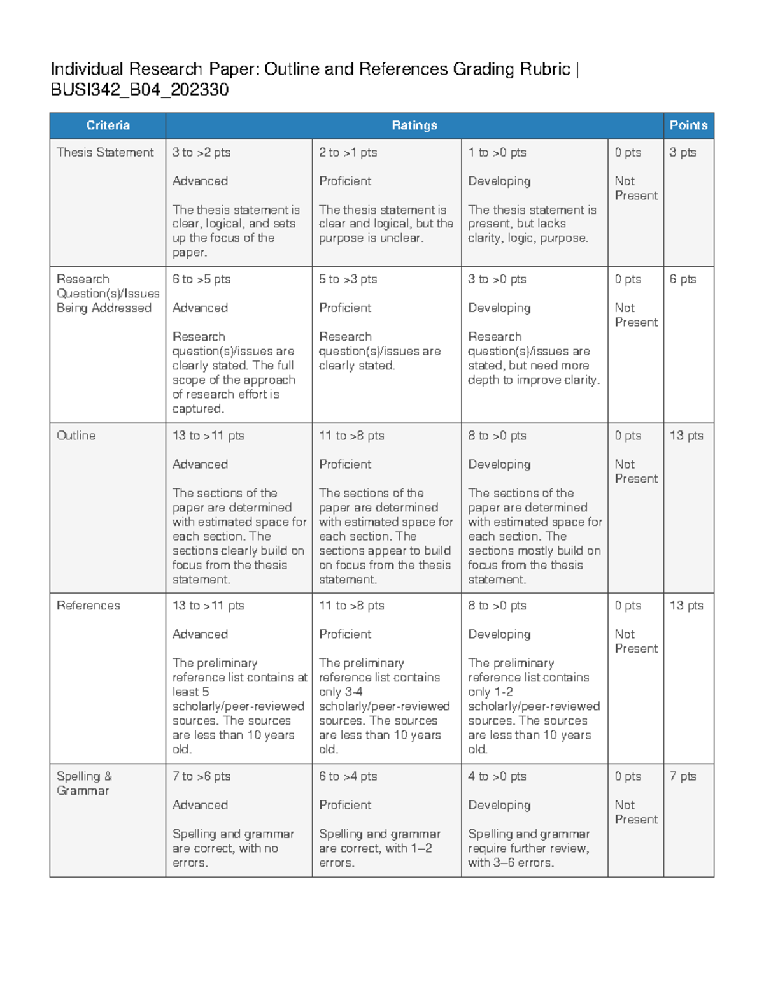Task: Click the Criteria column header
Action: (x=108, y=125)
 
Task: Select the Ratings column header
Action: (x=414, y=125)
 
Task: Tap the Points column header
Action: (x=688, y=125)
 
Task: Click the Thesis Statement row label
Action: (x=105, y=152)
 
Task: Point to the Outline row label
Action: (x=76, y=436)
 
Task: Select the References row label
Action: (x=88, y=606)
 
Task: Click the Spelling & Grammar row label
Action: (x=83, y=783)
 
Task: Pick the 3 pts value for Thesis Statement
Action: (x=683, y=152)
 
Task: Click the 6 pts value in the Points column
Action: (x=683, y=279)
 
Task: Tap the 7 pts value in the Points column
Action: (x=683, y=776)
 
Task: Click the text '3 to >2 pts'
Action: (x=201, y=152)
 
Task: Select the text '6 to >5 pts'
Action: (x=201, y=279)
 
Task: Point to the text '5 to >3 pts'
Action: (x=348, y=279)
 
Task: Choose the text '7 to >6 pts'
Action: (x=201, y=776)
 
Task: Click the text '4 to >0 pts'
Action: (x=497, y=776)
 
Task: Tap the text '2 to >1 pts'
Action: (x=348, y=152)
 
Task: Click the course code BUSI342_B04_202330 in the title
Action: (x=139, y=89)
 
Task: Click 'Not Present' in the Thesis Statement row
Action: (x=635, y=189)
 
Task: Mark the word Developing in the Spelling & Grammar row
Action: (x=499, y=805)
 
